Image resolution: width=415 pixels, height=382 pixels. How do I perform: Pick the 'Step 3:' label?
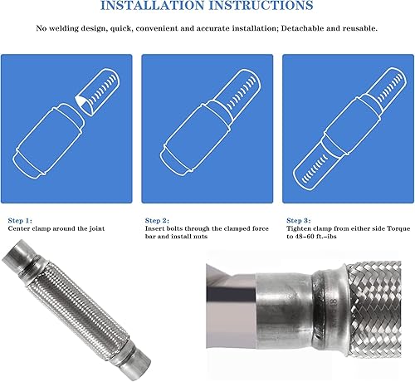point(300,220)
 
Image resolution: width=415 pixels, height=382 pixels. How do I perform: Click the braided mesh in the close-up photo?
point(373,316)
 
